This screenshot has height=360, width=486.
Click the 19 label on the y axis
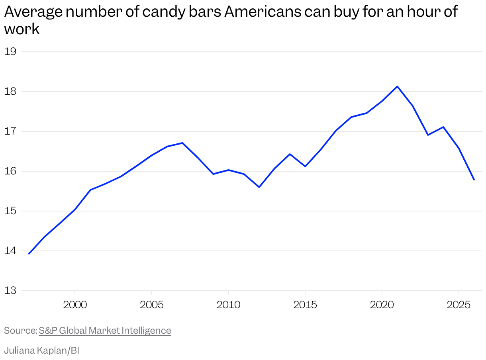(10, 52)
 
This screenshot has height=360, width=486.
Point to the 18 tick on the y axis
(10, 91)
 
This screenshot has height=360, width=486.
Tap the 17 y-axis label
(10, 131)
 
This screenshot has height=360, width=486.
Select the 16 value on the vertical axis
(10, 171)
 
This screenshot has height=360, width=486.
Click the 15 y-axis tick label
(10, 211)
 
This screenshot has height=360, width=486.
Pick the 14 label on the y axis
(10, 251)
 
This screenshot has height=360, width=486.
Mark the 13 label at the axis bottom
(10, 291)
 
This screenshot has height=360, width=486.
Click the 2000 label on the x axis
(75, 305)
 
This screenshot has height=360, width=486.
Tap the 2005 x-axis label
(152, 305)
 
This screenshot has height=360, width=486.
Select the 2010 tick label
(228, 305)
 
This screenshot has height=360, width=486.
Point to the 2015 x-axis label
(305, 305)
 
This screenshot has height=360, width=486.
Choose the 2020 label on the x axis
(382, 305)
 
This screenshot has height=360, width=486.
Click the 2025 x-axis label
(459, 305)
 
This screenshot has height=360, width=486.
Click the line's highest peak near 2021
(397, 86)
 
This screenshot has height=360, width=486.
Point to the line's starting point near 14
(29, 254)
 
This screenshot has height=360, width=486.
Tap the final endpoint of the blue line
(474, 180)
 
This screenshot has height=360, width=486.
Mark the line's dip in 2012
(259, 187)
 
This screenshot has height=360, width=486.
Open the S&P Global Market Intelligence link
(105, 331)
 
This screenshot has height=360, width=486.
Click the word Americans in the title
(263, 12)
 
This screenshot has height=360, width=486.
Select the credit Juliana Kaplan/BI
(42, 350)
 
